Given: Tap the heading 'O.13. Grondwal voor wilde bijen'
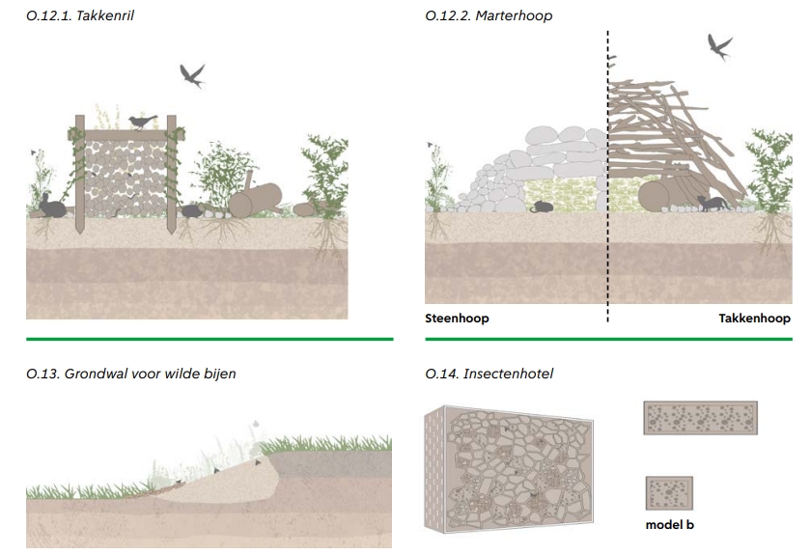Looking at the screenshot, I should pos(130,374).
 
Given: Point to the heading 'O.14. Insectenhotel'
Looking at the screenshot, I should pos(489,374).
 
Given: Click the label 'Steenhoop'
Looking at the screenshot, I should pos(457,319).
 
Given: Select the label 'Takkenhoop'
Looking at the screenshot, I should pos(754,319).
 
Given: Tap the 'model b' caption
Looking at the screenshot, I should pos(669,525).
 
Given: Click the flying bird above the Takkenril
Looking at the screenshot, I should pos(192,74).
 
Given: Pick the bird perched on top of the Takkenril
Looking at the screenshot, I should pos(143,122).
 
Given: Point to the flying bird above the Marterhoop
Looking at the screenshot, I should pos(719,46).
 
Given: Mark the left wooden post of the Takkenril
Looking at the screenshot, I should pos(81,179).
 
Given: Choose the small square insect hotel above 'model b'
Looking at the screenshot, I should pos(669,493).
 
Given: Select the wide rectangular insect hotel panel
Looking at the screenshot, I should pos(700,419).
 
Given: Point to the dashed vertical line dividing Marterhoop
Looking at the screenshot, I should pos(608,174).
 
